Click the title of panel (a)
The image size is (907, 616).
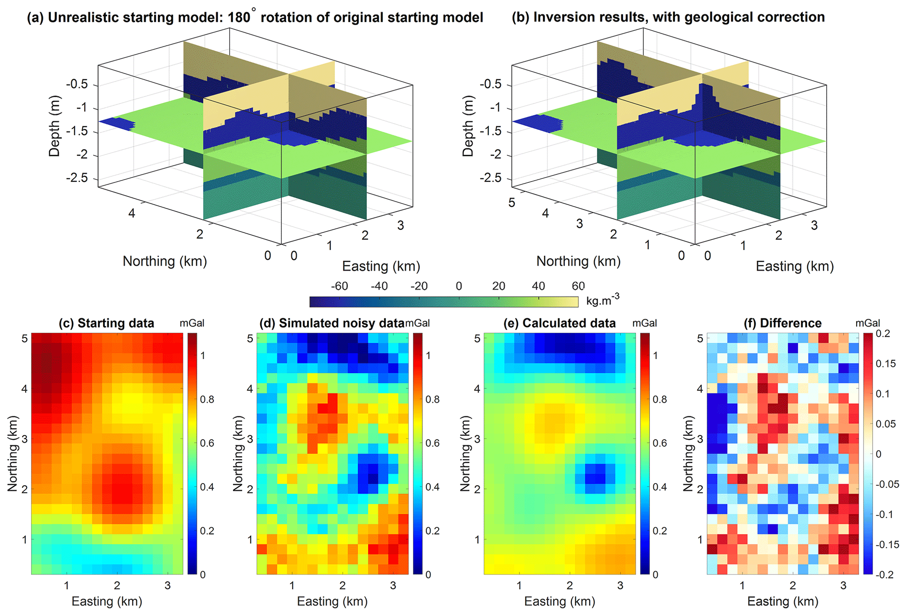tap(255, 18)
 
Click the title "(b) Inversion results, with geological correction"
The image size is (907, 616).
tap(668, 18)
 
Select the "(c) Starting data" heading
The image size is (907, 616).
tap(107, 324)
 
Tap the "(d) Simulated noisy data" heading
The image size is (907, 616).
tap(332, 324)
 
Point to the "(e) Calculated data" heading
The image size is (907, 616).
tap(560, 324)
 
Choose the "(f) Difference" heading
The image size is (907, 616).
tap(783, 324)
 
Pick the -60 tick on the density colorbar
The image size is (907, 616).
tap(339, 286)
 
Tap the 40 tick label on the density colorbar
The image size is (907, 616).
tap(538, 286)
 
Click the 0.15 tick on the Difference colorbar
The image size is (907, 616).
tap(885, 364)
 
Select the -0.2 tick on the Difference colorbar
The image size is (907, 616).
tap(885, 574)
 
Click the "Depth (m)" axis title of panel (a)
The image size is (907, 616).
tap(54, 126)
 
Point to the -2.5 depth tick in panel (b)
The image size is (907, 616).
tap(491, 178)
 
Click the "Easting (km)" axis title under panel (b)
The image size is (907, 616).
tap(794, 267)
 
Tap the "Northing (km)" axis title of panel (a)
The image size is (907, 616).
tap(165, 261)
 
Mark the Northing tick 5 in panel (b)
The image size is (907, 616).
tap(512, 203)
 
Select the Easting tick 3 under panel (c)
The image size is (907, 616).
tap(167, 586)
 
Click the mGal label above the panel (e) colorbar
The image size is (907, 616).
tap(644, 324)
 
